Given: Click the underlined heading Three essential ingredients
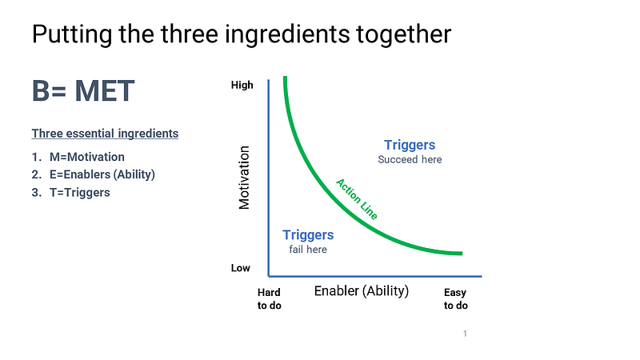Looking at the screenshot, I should [105, 134].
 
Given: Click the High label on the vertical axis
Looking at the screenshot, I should [241, 85].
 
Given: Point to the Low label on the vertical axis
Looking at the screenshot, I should [241, 268].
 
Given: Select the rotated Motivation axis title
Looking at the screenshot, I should [245, 177].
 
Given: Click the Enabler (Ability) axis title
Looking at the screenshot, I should [362, 290].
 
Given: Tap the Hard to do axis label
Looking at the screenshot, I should [269, 299].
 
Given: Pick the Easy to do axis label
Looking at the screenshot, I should [455, 299].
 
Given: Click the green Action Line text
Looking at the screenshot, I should [357, 198].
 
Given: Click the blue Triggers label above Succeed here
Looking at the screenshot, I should [410, 145].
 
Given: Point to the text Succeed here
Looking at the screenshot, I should [410, 159].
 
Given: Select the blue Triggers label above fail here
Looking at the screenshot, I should [308, 234].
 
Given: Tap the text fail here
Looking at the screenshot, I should [308, 250].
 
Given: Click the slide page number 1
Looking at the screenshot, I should [465, 334].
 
